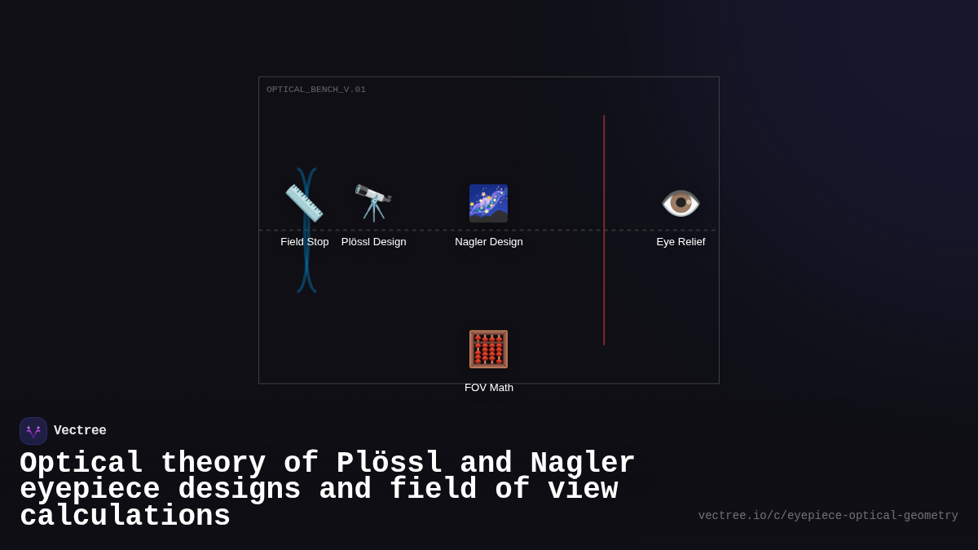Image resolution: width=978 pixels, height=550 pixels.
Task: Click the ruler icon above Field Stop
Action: (x=304, y=203)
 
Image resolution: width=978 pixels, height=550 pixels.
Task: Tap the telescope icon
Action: (x=373, y=203)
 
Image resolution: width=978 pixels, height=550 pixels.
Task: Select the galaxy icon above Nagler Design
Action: (x=488, y=203)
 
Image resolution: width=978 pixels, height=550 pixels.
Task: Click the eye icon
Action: (x=681, y=203)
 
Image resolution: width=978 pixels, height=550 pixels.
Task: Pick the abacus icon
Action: (x=488, y=349)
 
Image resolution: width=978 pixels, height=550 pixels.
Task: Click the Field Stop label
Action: (x=305, y=242)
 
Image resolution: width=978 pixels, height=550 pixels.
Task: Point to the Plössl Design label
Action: (x=373, y=242)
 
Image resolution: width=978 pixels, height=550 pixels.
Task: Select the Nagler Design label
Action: (x=489, y=242)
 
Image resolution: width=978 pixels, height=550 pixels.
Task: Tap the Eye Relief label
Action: (x=681, y=242)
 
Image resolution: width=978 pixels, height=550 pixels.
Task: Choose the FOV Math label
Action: (x=489, y=388)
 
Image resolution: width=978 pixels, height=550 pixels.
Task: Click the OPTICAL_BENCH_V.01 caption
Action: (x=316, y=90)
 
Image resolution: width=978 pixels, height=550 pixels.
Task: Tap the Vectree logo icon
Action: (x=33, y=431)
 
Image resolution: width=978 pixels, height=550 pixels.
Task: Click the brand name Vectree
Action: (x=80, y=431)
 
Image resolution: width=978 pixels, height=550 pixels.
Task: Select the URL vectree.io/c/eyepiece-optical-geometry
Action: (x=828, y=516)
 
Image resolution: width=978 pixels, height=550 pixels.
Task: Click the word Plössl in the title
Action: (x=390, y=463)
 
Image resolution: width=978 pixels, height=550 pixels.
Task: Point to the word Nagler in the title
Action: (x=583, y=463)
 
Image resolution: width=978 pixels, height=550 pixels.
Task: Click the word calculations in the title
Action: (x=125, y=517)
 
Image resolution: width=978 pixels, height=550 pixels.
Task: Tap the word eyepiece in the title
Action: (x=90, y=490)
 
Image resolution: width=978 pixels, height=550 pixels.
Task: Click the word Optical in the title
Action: (x=81, y=463)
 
